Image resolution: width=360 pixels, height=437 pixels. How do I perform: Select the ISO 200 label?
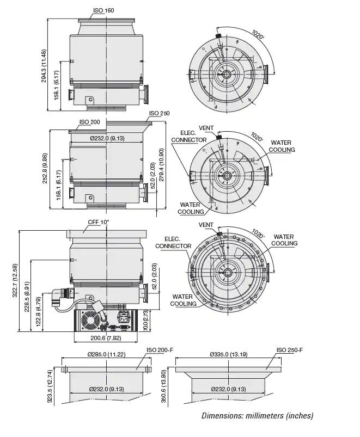90,122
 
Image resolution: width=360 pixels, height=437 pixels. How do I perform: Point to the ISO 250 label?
159,114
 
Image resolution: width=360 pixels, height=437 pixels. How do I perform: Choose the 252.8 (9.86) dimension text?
45,169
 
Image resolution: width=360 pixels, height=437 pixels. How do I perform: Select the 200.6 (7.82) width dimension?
106,338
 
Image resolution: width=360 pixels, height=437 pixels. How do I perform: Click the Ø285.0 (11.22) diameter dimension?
107,355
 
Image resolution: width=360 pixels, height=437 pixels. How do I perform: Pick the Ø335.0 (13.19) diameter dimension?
229,355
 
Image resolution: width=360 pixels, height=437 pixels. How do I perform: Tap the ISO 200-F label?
160,350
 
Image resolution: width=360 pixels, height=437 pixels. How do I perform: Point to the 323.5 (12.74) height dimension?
50,386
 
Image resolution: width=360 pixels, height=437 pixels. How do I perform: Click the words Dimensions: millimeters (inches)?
257,416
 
